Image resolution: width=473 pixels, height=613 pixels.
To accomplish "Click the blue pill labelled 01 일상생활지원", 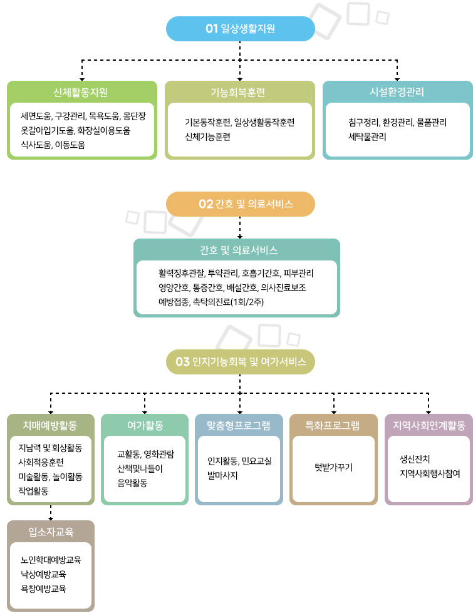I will (241, 29).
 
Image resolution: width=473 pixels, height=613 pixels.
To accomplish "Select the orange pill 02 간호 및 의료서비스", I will (241, 204).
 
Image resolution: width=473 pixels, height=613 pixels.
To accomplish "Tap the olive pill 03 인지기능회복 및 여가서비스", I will (241, 362).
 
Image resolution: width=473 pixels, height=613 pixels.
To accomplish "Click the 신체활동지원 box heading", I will (81, 93).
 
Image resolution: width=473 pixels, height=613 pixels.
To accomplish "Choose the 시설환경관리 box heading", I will (397, 93).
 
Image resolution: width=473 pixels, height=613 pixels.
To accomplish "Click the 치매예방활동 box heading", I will (49, 426).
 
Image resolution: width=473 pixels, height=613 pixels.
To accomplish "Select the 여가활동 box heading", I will (145, 426).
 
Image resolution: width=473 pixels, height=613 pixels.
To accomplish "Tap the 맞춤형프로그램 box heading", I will (239, 426).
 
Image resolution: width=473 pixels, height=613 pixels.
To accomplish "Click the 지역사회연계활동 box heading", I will (429, 426).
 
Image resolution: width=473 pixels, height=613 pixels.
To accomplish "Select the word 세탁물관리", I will (368, 136).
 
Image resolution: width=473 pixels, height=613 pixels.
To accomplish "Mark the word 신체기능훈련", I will (207, 136).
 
